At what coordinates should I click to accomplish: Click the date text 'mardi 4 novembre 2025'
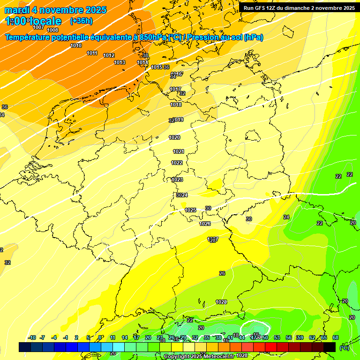pyautogui.click(x=55, y=10)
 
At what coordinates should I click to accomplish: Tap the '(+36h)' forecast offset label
pyautogui.click(x=81, y=21)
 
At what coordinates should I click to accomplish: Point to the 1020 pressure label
pyautogui.click(x=174, y=137)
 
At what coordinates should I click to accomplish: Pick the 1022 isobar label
pyautogui.click(x=177, y=163)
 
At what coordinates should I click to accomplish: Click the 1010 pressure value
pyautogui.click(x=76, y=45)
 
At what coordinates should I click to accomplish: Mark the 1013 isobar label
pyautogui.click(x=120, y=62)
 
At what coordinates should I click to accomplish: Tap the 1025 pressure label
pyautogui.click(x=190, y=210)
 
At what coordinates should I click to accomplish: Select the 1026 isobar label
pyautogui.click(x=205, y=224)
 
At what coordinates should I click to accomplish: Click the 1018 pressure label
pyautogui.click(x=176, y=105)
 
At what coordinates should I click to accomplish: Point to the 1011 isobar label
pyautogui.click(x=92, y=53)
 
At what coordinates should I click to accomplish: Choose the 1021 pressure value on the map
pyautogui.click(x=179, y=151)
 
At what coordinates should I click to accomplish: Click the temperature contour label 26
pyautogui.click(x=222, y=273)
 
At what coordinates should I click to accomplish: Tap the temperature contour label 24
pyautogui.click(x=286, y=217)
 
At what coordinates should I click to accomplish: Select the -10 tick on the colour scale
pyautogui.click(x=32, y=337)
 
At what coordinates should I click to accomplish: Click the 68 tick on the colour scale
pyautogui.click(x=336, y=337)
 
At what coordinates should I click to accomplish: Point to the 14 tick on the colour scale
pyautogui.click(x=125, y=337)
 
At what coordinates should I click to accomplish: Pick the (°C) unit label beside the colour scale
pyautogui.click(x=344, y=347)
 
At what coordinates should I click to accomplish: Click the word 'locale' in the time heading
pyautogui.click(x=45, y=21)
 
